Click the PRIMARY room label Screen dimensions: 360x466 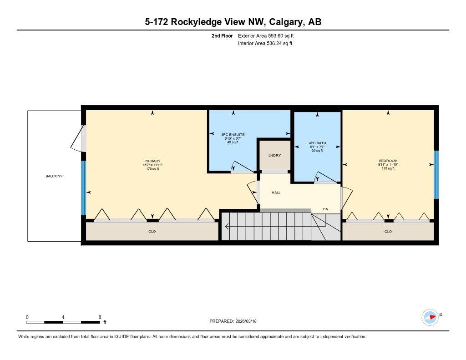pyautogui.click(x=152, y=161)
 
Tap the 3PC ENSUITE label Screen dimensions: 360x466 pyautogui.click(x=233, y=135)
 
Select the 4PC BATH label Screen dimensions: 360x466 pyautogui.click(x=317, y=143)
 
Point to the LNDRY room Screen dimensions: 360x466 pyautogui.click(x=274, y=156)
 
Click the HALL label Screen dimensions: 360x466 pyautogui.click(x=276, y=193)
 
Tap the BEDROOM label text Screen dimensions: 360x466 pyautogui.click(x=388, y=161)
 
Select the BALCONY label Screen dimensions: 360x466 pyautogui.click(x=54, y=176)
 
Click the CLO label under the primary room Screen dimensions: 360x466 pyautogui.click(x=152, y=232)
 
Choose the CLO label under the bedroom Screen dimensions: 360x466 pyautogui.click(x=388, y=232)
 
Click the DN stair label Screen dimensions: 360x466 pyautogui.click(x=326, y=209)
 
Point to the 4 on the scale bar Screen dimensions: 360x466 pyautogui.click(x=63, y=317)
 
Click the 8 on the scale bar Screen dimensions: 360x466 pyautogui.click(x=100, y=317)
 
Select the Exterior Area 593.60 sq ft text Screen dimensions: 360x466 pyautogui.click(x=269, y=35)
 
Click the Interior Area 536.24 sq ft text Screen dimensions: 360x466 pyautogui.click(x=265, y=44)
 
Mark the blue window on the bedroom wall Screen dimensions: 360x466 pyautogui.click(x=436, y=175)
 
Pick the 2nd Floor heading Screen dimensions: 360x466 pyautogui.click(x=222, y=35)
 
